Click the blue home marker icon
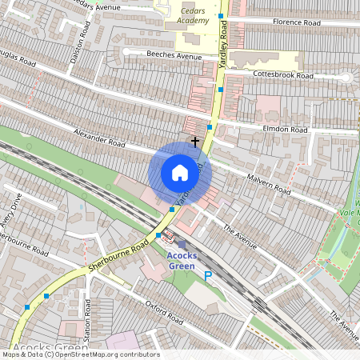click(180, 172)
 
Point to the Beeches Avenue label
click(174, 56)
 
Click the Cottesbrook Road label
click(282, 74)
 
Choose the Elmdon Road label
click(284, 128)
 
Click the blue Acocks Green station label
click(186, 260)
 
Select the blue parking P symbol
click(208, 276)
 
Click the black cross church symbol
click(194, 141)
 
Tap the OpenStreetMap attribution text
click(80, 354)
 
